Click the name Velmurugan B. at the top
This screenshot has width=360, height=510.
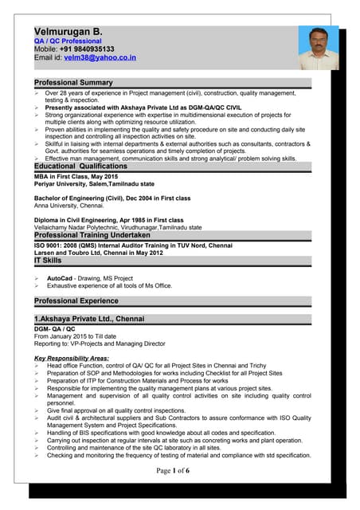[68, 29]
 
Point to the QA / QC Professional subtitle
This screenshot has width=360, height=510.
[68, 40]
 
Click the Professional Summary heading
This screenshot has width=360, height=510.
[73, 83]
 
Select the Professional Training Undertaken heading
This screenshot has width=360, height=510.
[92, 236]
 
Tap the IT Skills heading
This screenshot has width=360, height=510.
[48, 261]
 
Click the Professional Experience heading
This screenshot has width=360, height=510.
[77, 300]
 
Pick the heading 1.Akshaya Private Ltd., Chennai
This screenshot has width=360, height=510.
[89, 319]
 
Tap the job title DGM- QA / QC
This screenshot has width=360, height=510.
[55, 328]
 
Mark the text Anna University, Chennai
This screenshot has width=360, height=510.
[68, 205]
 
